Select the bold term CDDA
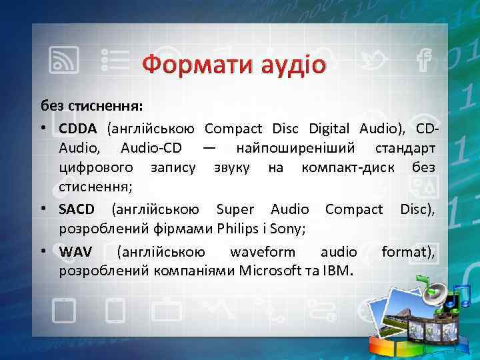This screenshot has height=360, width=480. pyautogui.click(x=78, y=127)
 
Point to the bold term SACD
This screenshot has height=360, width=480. pyautogui.click(x=78, y=211)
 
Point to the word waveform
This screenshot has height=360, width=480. pyautogui.click(x=262, y=252)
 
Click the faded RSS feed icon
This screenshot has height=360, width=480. pyautogui.click(x=65, y=60)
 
